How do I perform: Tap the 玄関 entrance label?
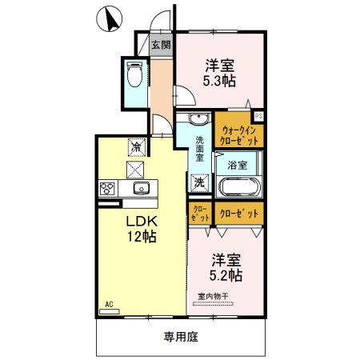161,44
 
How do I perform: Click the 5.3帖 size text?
218,81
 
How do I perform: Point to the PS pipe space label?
258,116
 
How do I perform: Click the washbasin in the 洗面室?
198,122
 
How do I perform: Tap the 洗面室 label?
200,150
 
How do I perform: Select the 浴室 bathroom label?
237,165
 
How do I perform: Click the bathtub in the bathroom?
237,190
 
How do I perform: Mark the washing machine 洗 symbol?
199,183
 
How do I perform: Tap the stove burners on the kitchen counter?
108,189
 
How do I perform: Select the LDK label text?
139,221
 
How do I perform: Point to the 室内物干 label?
213,297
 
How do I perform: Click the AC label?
109,304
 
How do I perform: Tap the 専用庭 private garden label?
182,337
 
